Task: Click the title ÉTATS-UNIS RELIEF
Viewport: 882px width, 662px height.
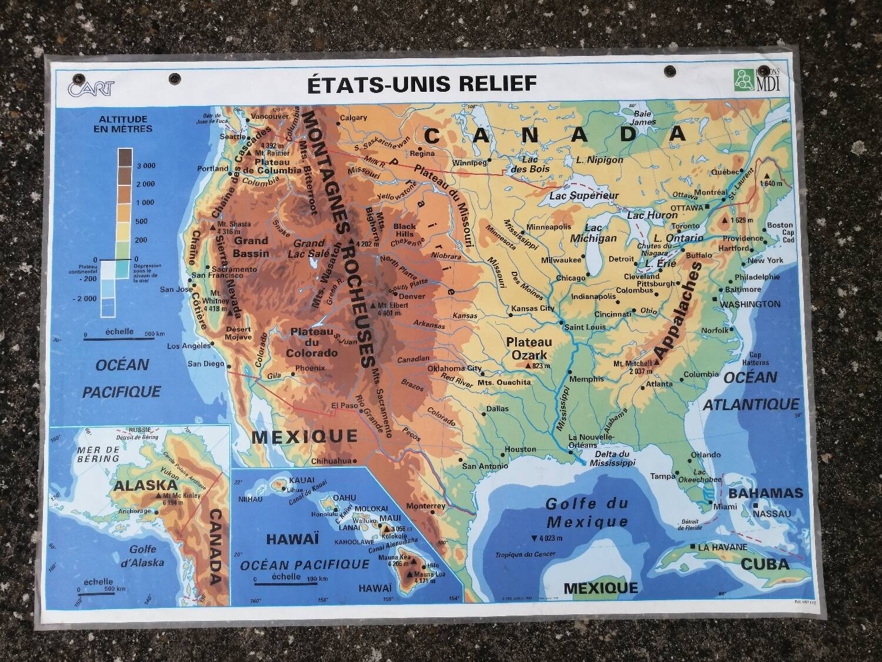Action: [x=422, y=84]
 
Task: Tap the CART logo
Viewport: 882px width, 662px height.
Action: [x=91, y=88]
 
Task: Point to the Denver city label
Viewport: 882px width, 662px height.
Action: [x=412, y=297]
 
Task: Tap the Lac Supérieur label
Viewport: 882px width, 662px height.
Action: [x=584, y=195]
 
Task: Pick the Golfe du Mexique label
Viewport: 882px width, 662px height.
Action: [x=586, y=513]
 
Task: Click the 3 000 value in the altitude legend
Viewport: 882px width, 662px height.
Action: [x=146, y=166]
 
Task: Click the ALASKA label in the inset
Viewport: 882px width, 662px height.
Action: [x=145, y=485]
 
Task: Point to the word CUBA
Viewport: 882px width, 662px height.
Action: [x=764, y=564]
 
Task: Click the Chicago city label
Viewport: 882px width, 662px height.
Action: [x=570, y=278]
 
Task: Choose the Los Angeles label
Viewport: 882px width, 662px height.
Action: [x=189, y=346]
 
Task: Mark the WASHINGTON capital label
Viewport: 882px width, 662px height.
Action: [x=750, y=304]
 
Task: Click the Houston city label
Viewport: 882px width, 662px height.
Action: [x=520, y=450]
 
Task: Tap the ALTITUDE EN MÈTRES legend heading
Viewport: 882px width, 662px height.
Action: [x=122, y=124]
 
